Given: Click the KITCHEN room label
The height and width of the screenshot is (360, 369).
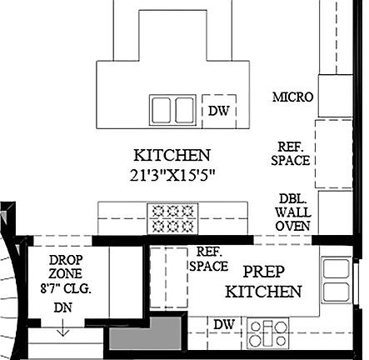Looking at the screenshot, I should tap(172, 155).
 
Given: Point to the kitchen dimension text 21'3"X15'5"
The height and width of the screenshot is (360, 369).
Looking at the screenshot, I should tap(172, 175).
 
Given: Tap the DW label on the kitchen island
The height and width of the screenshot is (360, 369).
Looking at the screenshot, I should tap(218, 110).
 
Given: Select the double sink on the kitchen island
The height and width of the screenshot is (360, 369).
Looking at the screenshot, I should tap(172, 109).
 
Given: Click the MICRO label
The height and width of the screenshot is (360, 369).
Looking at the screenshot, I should tap(292, 97).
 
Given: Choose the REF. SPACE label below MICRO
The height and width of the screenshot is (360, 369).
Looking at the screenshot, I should tap(291, 152).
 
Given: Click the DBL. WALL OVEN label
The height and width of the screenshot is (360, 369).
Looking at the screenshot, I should tap(293, 212).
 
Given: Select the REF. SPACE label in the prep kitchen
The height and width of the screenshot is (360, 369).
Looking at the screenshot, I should tap(208, 258).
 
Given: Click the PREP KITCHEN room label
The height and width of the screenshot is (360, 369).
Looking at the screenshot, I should tap(263, 282).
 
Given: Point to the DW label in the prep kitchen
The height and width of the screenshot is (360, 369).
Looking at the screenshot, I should tap(222, 324).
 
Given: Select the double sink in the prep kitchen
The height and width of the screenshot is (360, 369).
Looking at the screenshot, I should tap(336, 279).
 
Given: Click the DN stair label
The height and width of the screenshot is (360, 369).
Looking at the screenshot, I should tap(62, 308).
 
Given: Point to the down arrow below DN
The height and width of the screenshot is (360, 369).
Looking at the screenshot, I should tap(62, 329).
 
